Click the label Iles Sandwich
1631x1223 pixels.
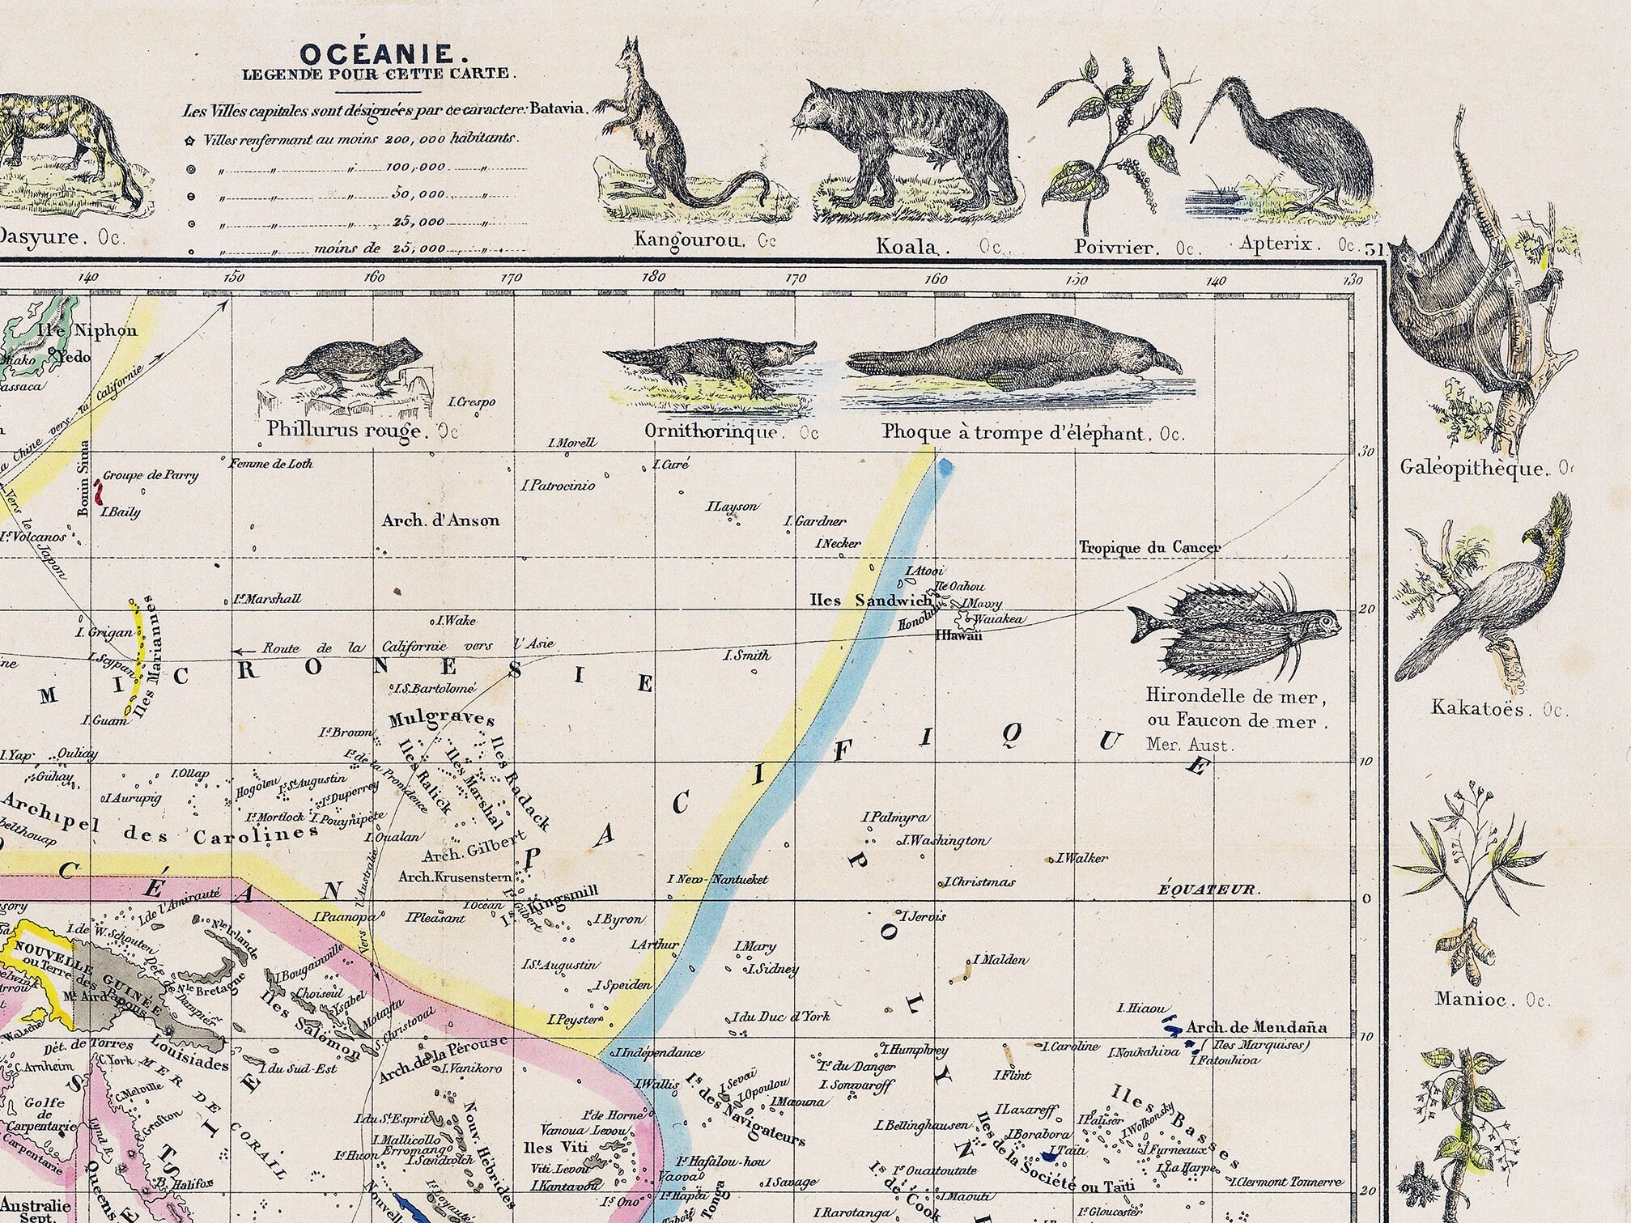[x=871, y=600]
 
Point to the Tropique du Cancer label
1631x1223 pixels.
[x=1149, y=548]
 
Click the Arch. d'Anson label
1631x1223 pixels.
[x=440, y=520]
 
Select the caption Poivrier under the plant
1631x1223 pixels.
[x=1112, y=246]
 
